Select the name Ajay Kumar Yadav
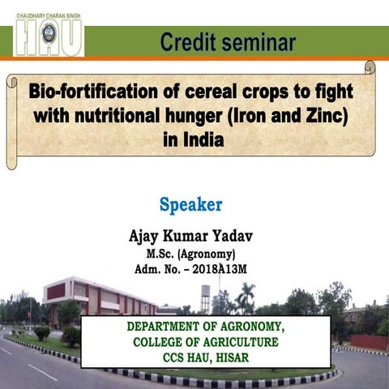[190, 236]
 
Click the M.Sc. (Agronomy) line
[190, 255]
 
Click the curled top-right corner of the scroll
[370, 68]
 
